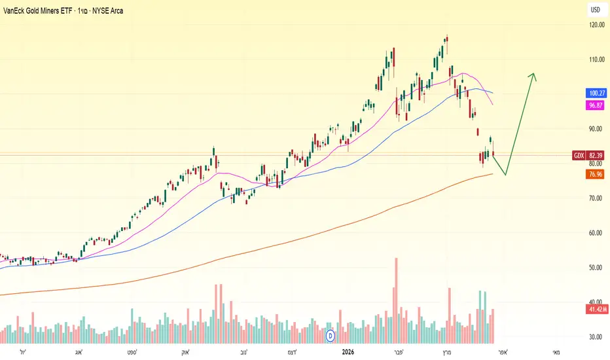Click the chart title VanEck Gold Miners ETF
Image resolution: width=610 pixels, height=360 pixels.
pyautogui.click(x=38, y=11)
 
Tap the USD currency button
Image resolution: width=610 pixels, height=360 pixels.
pyautogui.click(x=595, y=10)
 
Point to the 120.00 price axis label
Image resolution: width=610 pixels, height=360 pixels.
pyautogui.click(x=597, y=25)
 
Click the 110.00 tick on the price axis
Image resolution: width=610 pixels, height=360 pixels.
pyautogui.click(x=597, y=60)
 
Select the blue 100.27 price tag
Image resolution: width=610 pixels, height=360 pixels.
pyautogui.click(x=596, y=93)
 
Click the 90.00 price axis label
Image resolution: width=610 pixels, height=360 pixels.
pyautogui.click(x=595, y=129)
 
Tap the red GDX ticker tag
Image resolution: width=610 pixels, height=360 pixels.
pyautogui.click(x=579, y=156)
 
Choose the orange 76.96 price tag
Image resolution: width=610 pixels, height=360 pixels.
pyautogui.click(x=595, y=174)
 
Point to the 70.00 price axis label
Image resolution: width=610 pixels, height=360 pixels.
pyautogui.click(x=595, y=198)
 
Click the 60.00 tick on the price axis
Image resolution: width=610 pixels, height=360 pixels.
pyautogui.click(x=595, y=233)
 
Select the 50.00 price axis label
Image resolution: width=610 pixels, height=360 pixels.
pyautogui.click(x=595, y=267)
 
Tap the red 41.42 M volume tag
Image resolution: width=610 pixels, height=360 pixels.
pyautogui.click(x=598, y=310)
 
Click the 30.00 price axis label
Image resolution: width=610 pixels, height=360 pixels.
pyautogui.click(x=595, y=337)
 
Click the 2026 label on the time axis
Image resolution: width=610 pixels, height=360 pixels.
pyautogui.click(x=348, y=352)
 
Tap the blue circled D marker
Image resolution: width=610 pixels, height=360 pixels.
pyautogui.click(x=331, y=336)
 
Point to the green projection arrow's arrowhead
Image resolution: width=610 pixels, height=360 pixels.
pyautogui.click(x=533, y=77)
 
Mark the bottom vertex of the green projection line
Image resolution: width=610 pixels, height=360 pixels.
pyautogui.click(x=506, y=175)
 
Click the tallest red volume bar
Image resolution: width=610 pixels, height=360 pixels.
pyautogui.click(x=397, y=300)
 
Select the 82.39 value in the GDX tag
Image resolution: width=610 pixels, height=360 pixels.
pyautogui.click(x=596, y=156)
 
